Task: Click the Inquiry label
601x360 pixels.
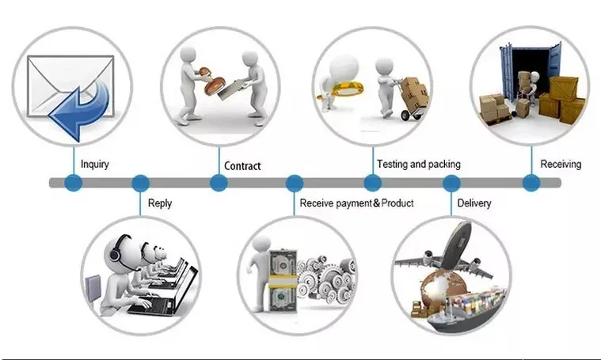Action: click(95, 165)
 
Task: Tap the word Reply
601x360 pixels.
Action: click(159, 203)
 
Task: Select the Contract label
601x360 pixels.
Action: click(242, 166)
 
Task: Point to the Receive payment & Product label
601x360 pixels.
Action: click(356, 203)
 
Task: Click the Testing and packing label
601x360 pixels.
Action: click(418, 165)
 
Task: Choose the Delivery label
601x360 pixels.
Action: click(474, 203)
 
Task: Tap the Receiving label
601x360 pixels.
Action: click(561, 165)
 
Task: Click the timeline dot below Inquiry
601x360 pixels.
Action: click(74, 183)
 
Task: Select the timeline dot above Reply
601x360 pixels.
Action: click(140, 183)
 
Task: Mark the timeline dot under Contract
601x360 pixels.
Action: click(219, 183)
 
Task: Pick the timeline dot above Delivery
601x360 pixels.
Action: click(451, 183)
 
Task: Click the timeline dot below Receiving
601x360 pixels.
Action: click(531, 183)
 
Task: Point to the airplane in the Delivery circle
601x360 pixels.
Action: click(447, 253)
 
